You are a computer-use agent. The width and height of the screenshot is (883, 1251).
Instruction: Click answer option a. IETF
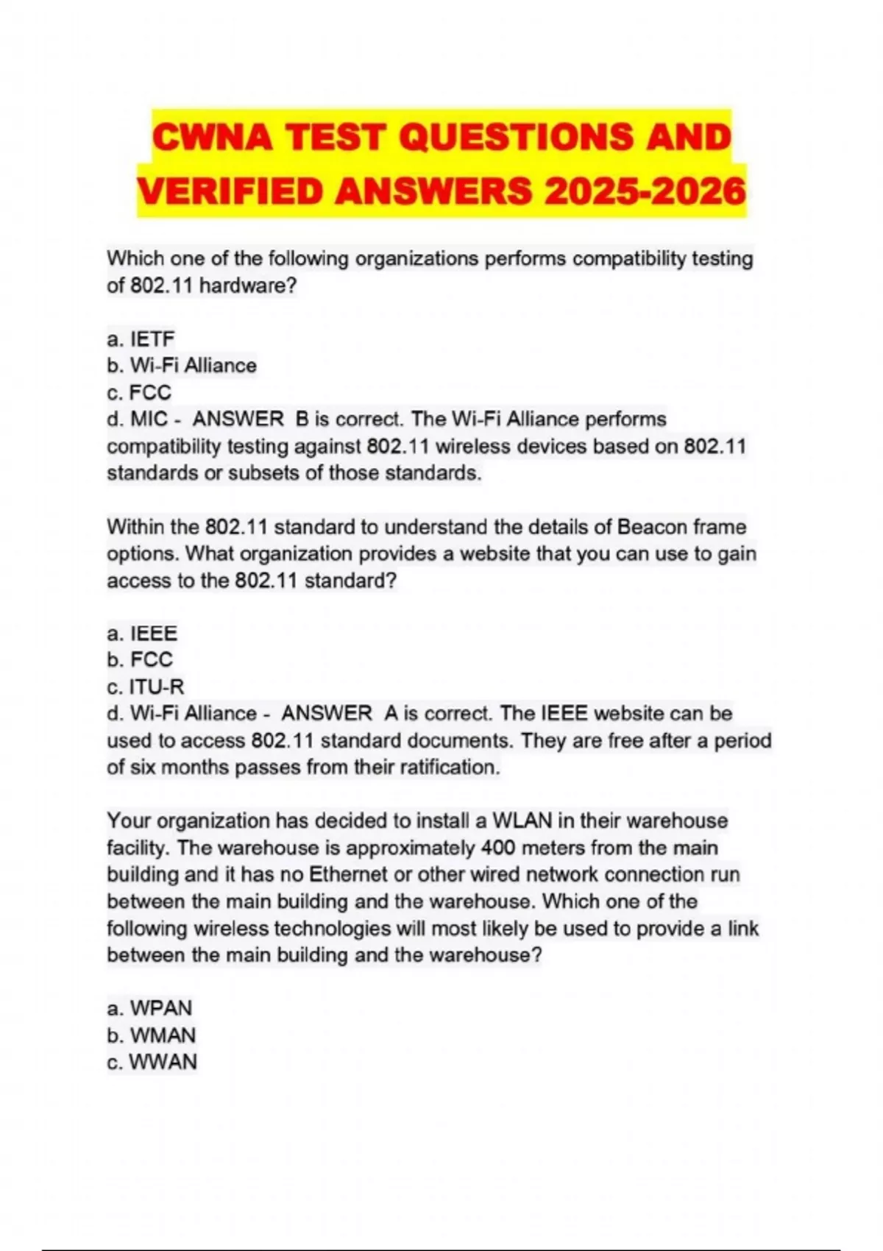pyautogui.click(x=141, y=339)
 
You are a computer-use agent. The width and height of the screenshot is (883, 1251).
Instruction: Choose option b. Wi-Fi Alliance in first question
pyautogui.click(x=182, y=366)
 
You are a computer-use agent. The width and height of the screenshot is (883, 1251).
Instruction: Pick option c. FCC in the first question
pyautogui.click(x=139, y=392)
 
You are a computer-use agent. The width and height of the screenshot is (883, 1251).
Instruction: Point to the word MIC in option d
pyautogui.click(x=149, y=419)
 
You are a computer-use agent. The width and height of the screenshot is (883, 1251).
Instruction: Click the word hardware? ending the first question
pyautogui.click(x=248, y=286)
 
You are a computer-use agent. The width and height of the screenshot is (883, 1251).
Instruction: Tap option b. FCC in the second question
pyautogui.click(x=140, y=659)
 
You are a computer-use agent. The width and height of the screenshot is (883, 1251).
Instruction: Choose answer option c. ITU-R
pyautogui.click(x=146, y=687)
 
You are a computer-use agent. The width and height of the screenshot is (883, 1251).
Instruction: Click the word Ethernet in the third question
pyautogui.click(x=347, y=874)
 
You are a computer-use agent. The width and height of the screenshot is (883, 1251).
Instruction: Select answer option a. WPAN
pyautogui.click(x=149, y=1008)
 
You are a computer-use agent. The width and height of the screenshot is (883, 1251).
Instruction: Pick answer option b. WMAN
pyautogui.click(x=151, y=1035)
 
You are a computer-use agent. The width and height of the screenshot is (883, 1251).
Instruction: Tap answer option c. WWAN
pyautogui.click(x=152, y=1062)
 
